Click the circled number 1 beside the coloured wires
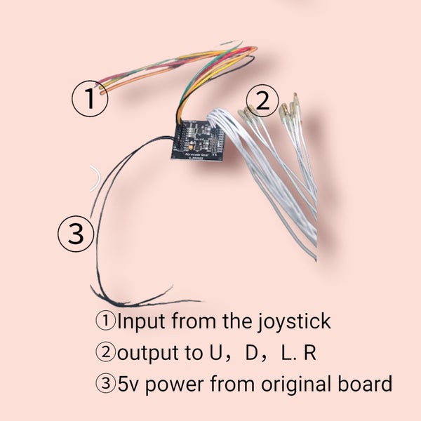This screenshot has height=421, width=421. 90,100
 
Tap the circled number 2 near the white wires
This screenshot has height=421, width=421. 262,102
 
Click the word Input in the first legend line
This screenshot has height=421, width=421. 140,323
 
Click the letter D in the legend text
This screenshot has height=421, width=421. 249,354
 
